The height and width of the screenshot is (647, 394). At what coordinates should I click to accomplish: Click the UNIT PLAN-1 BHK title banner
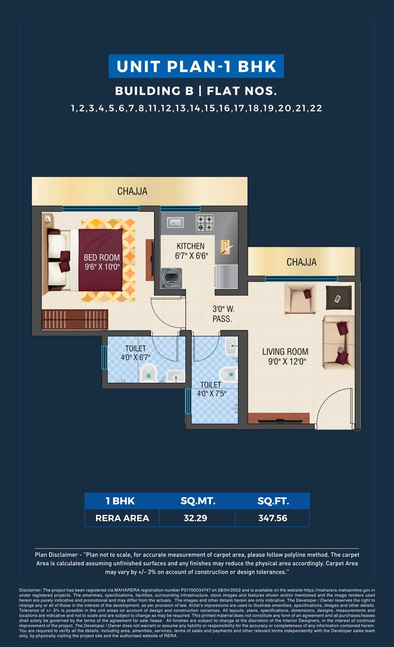tap(196, 66)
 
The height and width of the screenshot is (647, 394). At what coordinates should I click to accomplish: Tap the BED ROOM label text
tap(102, 257)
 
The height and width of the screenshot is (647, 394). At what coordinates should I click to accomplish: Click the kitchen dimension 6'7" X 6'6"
tap(192, 256)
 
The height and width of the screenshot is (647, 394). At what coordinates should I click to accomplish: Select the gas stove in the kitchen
tap(205, 223)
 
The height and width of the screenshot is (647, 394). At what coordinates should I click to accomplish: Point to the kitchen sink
tap(175, 223)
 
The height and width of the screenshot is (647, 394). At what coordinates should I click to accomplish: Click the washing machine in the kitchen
tap(172, 278)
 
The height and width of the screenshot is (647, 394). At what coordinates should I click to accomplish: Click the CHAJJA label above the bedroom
tap(132, 191)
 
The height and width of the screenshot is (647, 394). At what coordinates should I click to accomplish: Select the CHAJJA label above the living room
tap(301, 262)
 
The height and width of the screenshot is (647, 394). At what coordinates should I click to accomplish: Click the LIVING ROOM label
tap(285, 352)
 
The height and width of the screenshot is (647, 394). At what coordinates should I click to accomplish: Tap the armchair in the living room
tap(300, 298)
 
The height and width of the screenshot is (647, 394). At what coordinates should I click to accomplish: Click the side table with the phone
tap(339, 298)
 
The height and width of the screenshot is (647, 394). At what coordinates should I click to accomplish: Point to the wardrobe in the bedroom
tap(75, 319)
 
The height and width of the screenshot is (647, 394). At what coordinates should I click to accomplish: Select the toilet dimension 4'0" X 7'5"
tap(211, 393)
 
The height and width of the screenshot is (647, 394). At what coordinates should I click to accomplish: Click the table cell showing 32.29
tap(195, 518)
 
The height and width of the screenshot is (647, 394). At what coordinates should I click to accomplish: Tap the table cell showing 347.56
tap(273, 518)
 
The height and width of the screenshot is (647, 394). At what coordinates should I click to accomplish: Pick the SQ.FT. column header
tap(273, 501)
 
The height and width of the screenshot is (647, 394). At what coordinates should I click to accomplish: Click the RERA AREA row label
tap(122, 518)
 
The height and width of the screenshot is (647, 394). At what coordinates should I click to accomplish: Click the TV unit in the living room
tap(279, 418)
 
